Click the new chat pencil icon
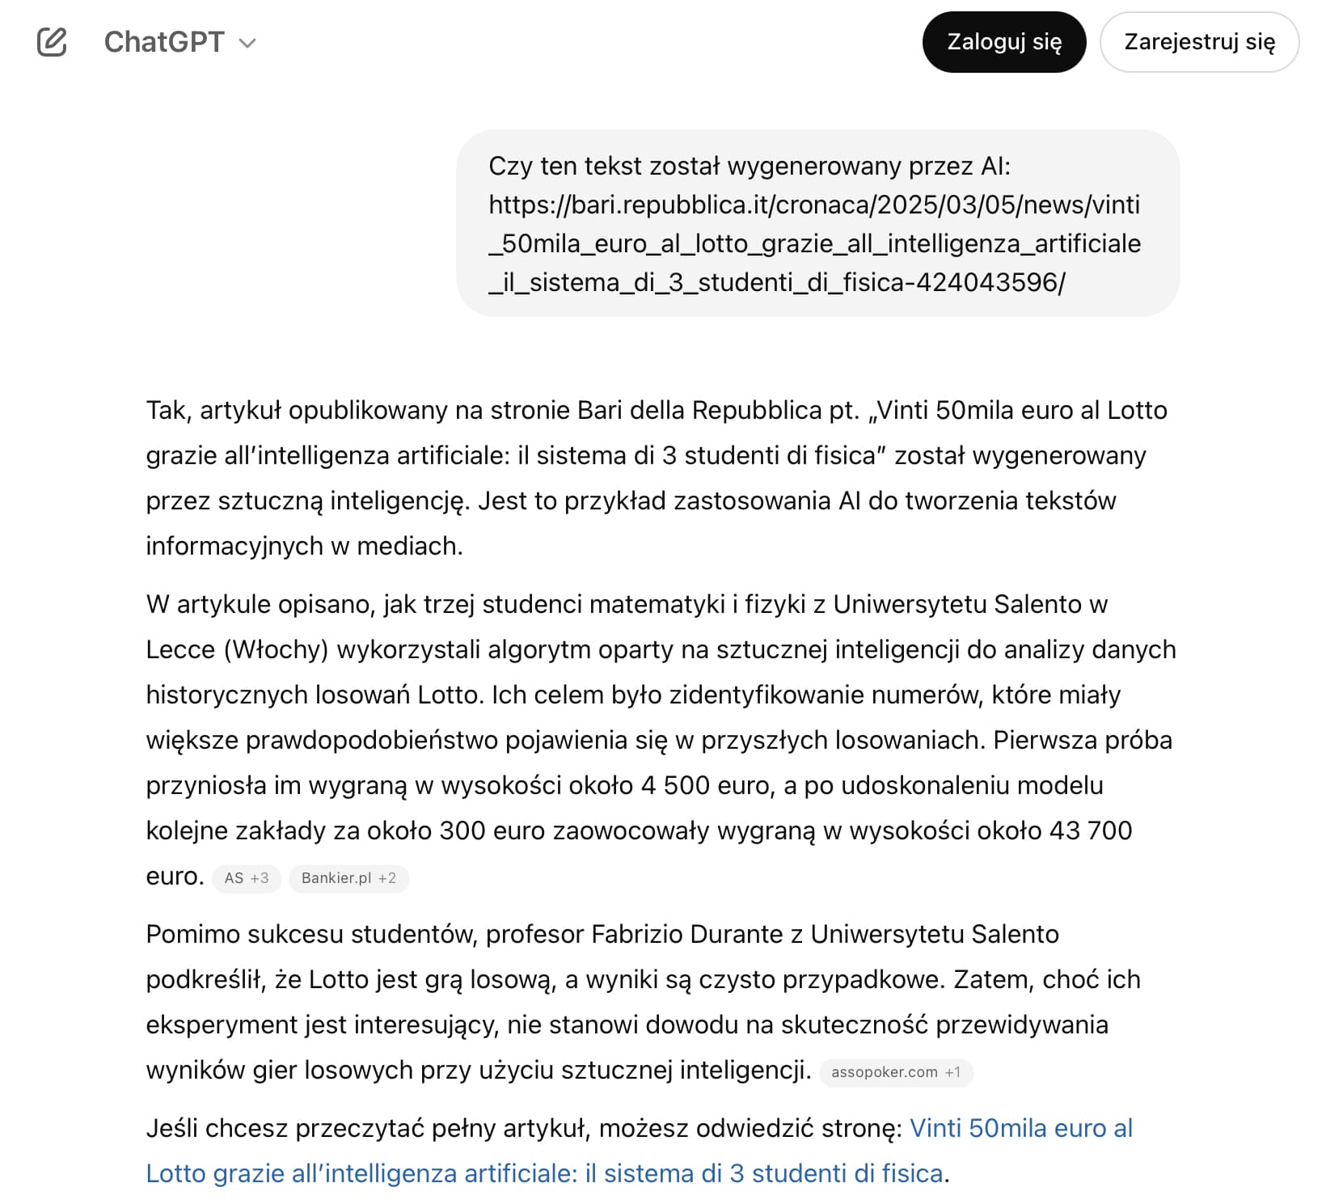(52, 42)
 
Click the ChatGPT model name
(164, 42)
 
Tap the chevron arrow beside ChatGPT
(248, 44)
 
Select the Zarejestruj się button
(1199, 42)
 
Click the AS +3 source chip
(247, 878)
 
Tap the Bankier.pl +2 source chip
(348, 878)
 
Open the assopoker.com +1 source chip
(896, 1072)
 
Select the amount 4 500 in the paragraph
(675, 785)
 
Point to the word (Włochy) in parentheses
(276, 649)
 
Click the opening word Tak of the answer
(167, 410)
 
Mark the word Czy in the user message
(510, 166)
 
